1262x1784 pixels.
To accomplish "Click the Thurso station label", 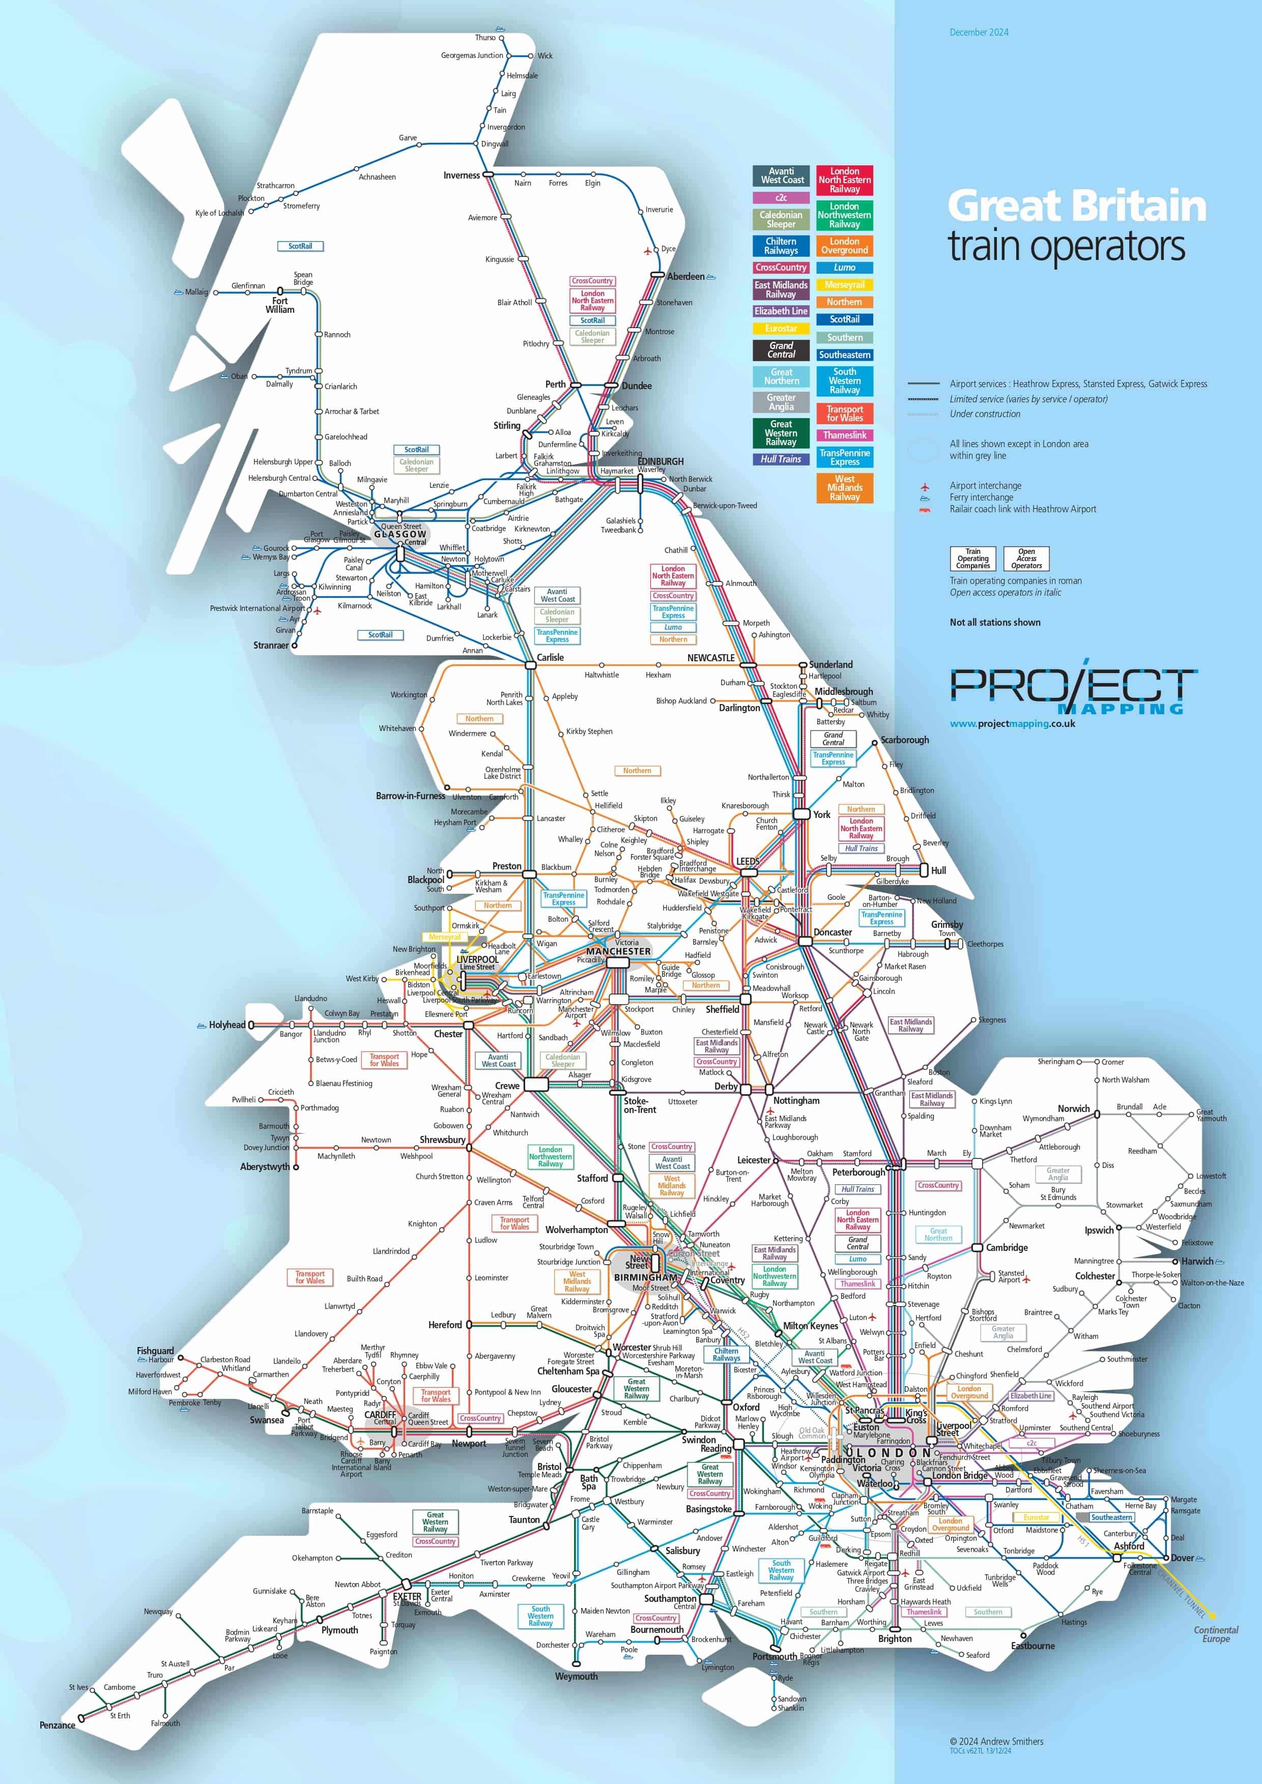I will [x=485, y=37].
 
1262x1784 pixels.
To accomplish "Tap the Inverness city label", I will [x=462, y=176].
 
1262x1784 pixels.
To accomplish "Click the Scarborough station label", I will [x=905, y=740].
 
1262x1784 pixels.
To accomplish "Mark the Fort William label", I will [x=280, y=305].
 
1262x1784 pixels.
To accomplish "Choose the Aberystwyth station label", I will [x=264, y=1166].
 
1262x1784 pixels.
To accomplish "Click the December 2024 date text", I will [x=979, y=33].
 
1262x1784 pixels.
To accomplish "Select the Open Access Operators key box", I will [x=1026, y=559].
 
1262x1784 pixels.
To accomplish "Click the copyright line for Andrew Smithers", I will [x=996, y=1741].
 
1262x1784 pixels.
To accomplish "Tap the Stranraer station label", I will [x=270, y=646].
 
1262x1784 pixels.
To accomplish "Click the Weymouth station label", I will [x=576, y=1676].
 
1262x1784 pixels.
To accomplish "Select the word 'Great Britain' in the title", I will [x=1076, y=207].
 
